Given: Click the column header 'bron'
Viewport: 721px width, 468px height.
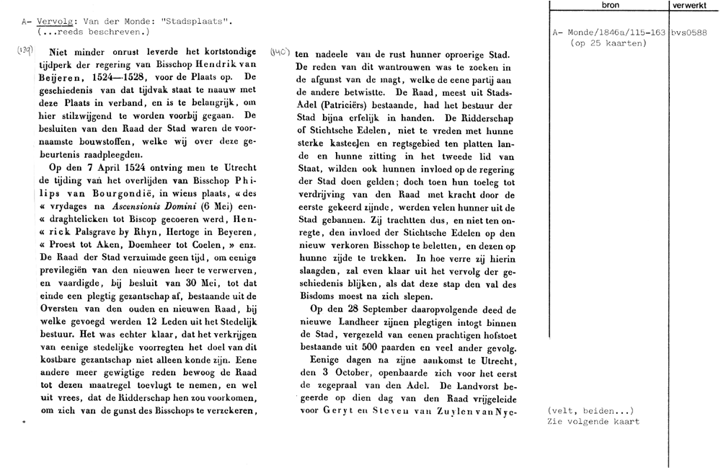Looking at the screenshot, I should pos(609,6).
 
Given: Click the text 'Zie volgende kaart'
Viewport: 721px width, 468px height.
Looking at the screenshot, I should pos(593,422).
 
